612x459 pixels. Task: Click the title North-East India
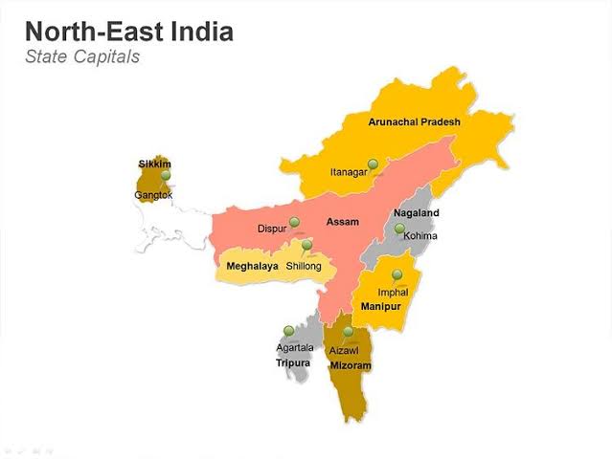128,32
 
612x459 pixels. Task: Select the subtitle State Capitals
82,56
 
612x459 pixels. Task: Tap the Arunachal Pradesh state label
414,122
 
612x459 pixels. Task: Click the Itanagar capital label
349,172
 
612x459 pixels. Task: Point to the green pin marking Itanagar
373,164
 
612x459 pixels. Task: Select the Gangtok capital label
153,195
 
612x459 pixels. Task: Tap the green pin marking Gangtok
166,175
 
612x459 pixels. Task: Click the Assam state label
342,222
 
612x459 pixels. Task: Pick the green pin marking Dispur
294,222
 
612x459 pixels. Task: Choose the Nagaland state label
416,213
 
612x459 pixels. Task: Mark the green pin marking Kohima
399,229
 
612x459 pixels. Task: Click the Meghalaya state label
252,266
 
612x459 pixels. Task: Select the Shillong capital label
304,266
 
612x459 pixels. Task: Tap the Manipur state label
380,306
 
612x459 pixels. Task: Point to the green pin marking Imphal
397,274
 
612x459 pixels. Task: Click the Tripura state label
293,363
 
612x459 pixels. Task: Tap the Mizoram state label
350,366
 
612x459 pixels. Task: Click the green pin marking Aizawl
349,332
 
